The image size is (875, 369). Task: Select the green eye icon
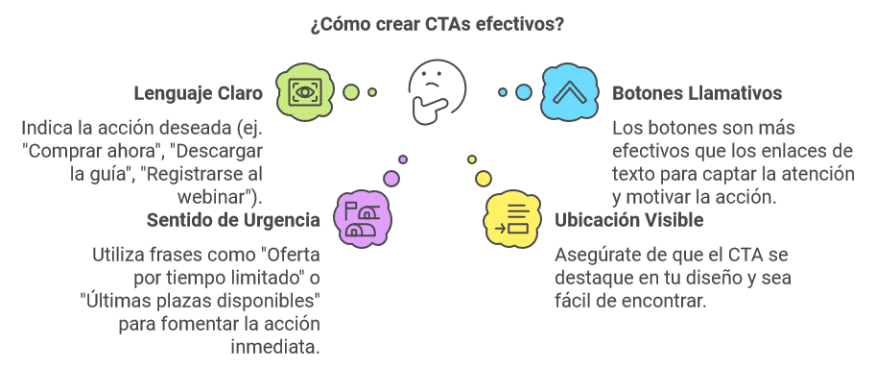(x=305, y=92)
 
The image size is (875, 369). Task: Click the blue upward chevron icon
(x=569, y=93)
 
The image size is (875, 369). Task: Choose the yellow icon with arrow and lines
(x=509, y=219)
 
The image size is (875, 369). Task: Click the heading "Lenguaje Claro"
(x=199, y=94)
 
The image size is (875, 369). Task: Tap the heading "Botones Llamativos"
(x=697, y=94)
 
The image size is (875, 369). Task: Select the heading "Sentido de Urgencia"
(x=233, y=220)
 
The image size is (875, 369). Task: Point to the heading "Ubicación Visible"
(x=629, y=220)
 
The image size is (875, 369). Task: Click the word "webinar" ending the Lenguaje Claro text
(x=222, y=197)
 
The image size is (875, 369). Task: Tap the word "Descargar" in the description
(x=225, y=151)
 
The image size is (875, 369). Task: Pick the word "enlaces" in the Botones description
(x=792, y=151)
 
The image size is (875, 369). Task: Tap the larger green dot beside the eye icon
(x=351, y=92)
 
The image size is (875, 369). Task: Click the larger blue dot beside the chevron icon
(x=523, y=92)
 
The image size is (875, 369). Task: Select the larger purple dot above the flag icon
(x=391, y=177)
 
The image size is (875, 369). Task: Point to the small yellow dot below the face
(x=472, y=160)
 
